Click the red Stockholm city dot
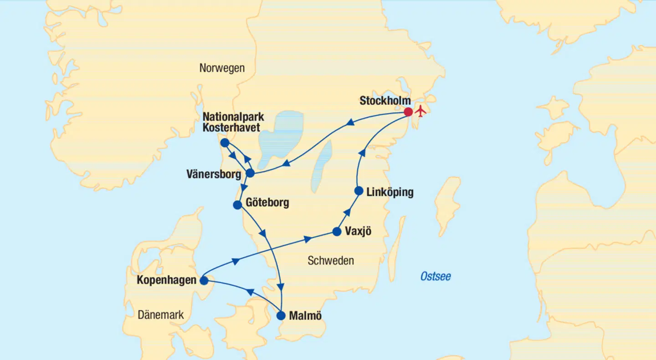tap(408, 112)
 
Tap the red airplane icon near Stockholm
tap(420, 111)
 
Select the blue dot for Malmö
tap(281, 315)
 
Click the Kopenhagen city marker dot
tap(204, 281)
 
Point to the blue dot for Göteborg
tap(237, 205)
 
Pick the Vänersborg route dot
tap(250, 173)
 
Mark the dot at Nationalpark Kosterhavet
tap(224, 143)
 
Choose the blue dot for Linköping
tap(359, 191)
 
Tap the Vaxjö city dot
tap(337, 231)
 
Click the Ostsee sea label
tap(436, 277)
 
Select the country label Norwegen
tap(222, 68)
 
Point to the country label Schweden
tap(331, 261)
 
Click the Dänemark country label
tap(161, 314)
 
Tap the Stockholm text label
tap(385, 101)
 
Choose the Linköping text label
tap(390, 192)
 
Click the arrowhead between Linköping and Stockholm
tap(362, 152)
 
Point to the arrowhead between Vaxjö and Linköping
tap(347, 211)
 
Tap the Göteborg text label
tap(267, 202)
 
